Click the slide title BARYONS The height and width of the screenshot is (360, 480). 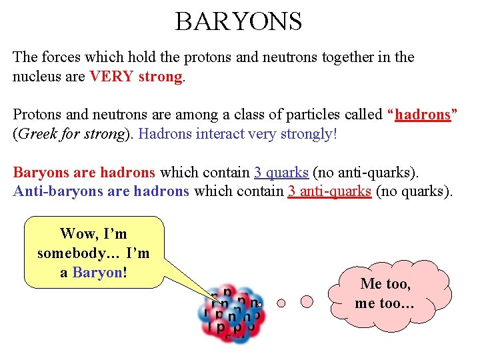pos(239,21)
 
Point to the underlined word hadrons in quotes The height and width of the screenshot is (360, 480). pos(423,115)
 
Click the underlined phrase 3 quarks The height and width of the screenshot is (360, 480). pos(281,173)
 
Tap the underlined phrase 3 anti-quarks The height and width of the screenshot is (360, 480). pos(329,192)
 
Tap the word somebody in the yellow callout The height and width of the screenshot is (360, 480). pos(69,253)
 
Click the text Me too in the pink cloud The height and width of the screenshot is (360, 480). pos(385,284)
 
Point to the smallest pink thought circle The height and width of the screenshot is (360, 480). pos(281,303)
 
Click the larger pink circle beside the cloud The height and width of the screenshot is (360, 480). pos(307,301)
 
